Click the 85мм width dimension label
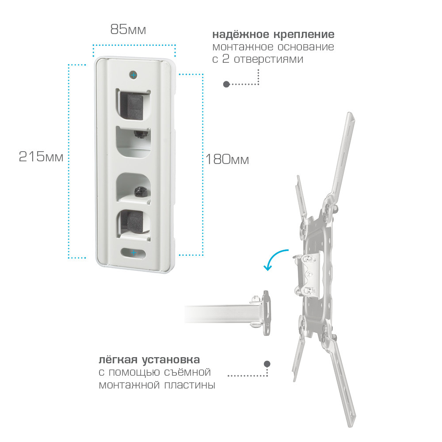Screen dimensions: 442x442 pos(128,29)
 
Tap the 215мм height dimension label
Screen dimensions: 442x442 pos(41,156)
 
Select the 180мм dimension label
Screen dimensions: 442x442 pos(227,159)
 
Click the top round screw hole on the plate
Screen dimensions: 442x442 pos(133,75)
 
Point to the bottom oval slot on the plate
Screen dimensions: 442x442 pos(133,253)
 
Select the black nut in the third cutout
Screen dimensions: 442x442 pos(140,191)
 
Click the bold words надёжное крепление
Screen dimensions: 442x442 pos(273,34)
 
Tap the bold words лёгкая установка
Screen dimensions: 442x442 pos(149,360)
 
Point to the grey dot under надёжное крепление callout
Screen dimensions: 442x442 pos(226,84)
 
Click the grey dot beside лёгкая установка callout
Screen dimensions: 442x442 pos(267,364)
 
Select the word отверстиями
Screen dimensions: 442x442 pos(268,59)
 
